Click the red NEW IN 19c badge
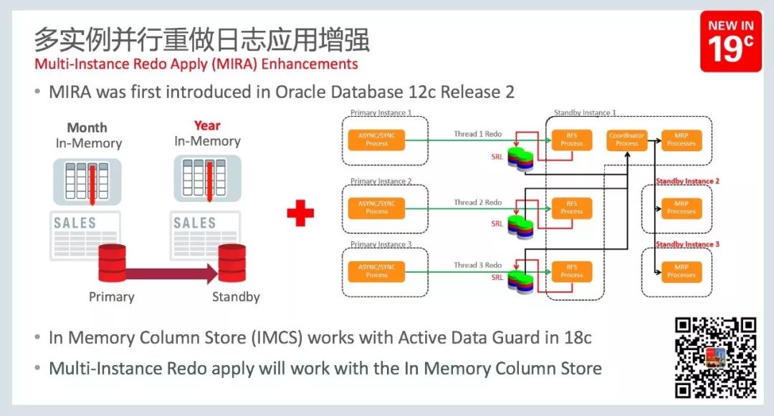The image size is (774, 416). [x=730, y=42]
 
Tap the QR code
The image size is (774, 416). [x=715, y=357]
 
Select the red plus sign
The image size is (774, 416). [x=300, y=213]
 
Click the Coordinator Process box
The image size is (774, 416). [x=626, y=139]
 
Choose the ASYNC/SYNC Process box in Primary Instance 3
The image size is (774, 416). [x=376, y=271]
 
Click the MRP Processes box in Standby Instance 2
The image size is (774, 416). [x=681, y=208]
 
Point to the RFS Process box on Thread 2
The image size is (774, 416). [x=571, y=208]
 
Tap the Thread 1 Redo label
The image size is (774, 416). [x=477, y=134]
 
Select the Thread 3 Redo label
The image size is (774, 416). [x=477, y=265]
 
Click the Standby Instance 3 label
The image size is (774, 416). [x=687, y=244]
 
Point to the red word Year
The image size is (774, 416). [x=207, y=126]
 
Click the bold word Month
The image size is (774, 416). [x=87, y=127]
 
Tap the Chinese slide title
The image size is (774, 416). [x=202, y=39]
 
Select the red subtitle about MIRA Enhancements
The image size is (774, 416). [x=196, y=64]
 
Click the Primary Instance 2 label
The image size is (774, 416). [x=381, y=181]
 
